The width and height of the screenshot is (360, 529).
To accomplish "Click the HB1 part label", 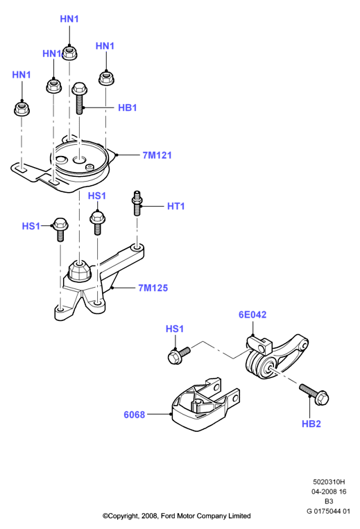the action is coord(127,107).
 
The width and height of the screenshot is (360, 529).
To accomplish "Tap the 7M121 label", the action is coord(157,155).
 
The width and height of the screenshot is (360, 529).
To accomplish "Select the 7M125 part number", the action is coord(153,288).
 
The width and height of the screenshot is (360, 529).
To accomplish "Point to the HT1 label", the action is coord(175,206).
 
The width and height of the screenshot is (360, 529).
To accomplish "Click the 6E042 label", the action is coord(252,315).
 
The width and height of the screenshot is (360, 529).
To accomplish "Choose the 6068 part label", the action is coord(135,415).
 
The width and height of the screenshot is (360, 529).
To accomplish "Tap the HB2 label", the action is coord(311,424).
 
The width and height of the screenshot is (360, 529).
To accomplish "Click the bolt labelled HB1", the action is coord(80,98).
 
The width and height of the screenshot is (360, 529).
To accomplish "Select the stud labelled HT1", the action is coord(137,203).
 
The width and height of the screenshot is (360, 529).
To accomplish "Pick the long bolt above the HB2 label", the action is coord(314,394).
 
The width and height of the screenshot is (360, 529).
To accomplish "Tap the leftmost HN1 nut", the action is coord(22,108).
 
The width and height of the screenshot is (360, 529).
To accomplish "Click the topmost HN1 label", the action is coord(69,19).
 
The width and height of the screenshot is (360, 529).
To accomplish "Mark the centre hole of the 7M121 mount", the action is coord(80,159).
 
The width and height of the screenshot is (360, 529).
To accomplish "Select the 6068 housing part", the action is coord(206,405).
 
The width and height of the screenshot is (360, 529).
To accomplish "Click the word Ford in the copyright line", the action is coord(169,516).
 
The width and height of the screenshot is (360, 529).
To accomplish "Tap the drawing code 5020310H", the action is coord(329,482).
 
